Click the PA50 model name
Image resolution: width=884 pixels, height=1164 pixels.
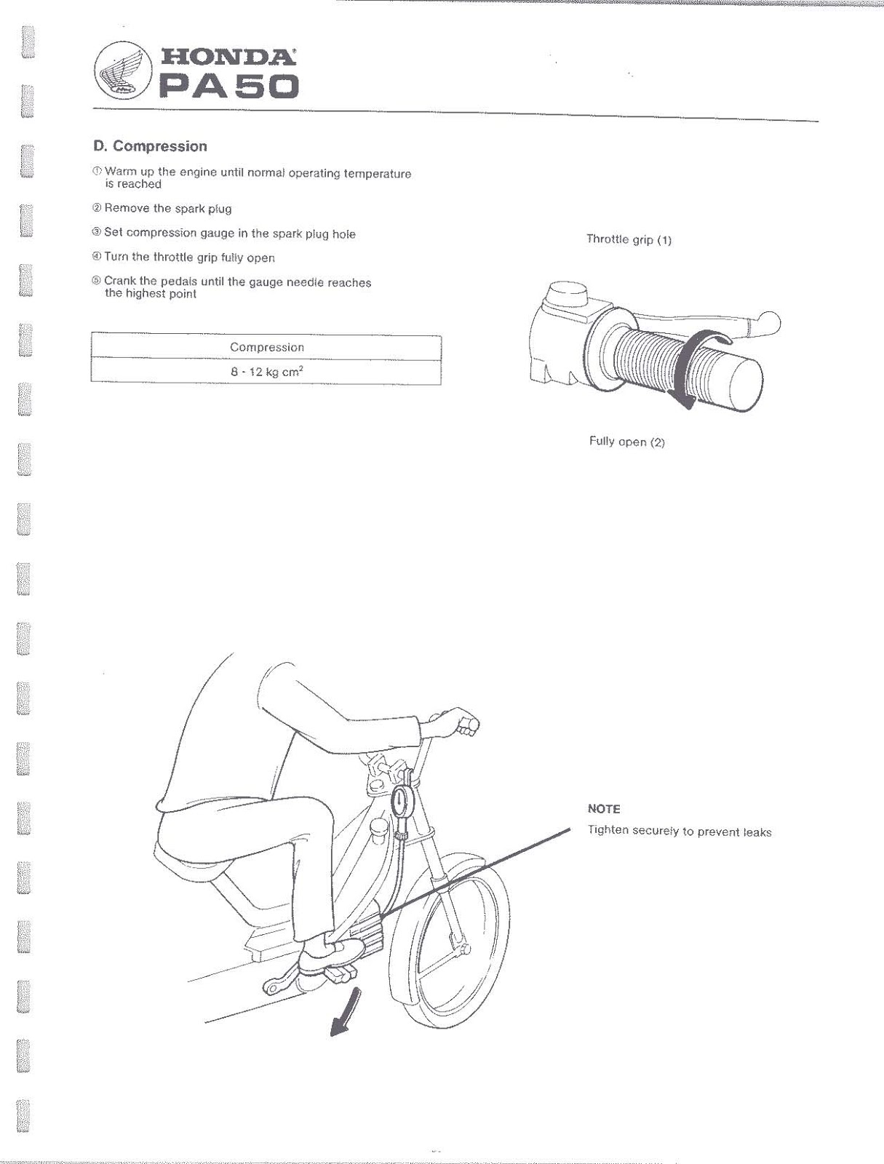pos(228,88)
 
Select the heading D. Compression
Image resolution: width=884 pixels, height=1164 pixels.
pos(150,146)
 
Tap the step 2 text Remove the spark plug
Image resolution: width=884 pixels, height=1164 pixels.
pos(167,209)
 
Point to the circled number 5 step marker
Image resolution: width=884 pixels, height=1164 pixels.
pos(97,282)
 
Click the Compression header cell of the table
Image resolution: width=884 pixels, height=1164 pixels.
pos(266,347)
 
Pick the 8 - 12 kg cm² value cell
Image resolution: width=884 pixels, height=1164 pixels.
pos(266,372)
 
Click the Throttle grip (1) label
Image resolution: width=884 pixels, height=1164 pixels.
pos(629,239)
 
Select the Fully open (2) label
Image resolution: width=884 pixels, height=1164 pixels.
pos(626,442)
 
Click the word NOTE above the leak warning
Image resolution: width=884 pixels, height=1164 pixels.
pos(604,809)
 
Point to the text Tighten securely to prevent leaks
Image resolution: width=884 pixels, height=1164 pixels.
pos(679,832)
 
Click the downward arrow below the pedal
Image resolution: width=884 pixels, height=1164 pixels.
pos(344,1012)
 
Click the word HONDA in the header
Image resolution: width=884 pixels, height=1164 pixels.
pos(228,56)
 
